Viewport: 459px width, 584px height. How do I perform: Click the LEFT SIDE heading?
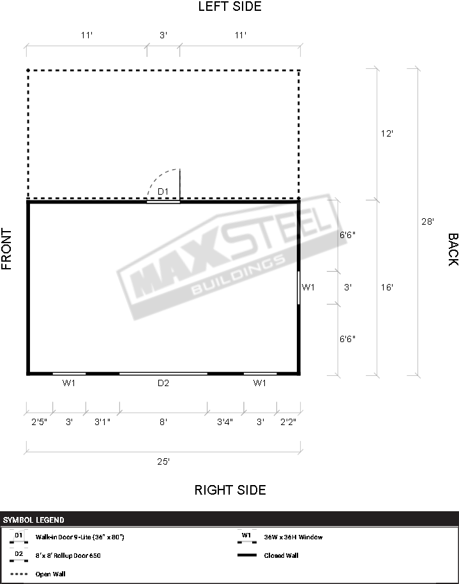tap(230, 6)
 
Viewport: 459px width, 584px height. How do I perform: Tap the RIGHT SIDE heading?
tap(230, 490)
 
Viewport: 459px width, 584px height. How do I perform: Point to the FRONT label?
tap(7, 249)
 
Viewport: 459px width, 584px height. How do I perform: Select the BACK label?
tap(453, 250)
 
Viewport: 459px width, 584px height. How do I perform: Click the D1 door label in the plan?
tap(163, 191)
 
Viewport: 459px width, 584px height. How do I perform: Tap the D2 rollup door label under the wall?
tap(163, 383)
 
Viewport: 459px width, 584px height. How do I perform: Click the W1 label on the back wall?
tap(308, 287)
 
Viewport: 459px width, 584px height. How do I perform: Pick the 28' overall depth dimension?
tap(428, 221)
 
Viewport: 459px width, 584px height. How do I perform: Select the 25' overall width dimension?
tap(163, 461)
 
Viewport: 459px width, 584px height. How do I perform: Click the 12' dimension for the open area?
tap(387, 133)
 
